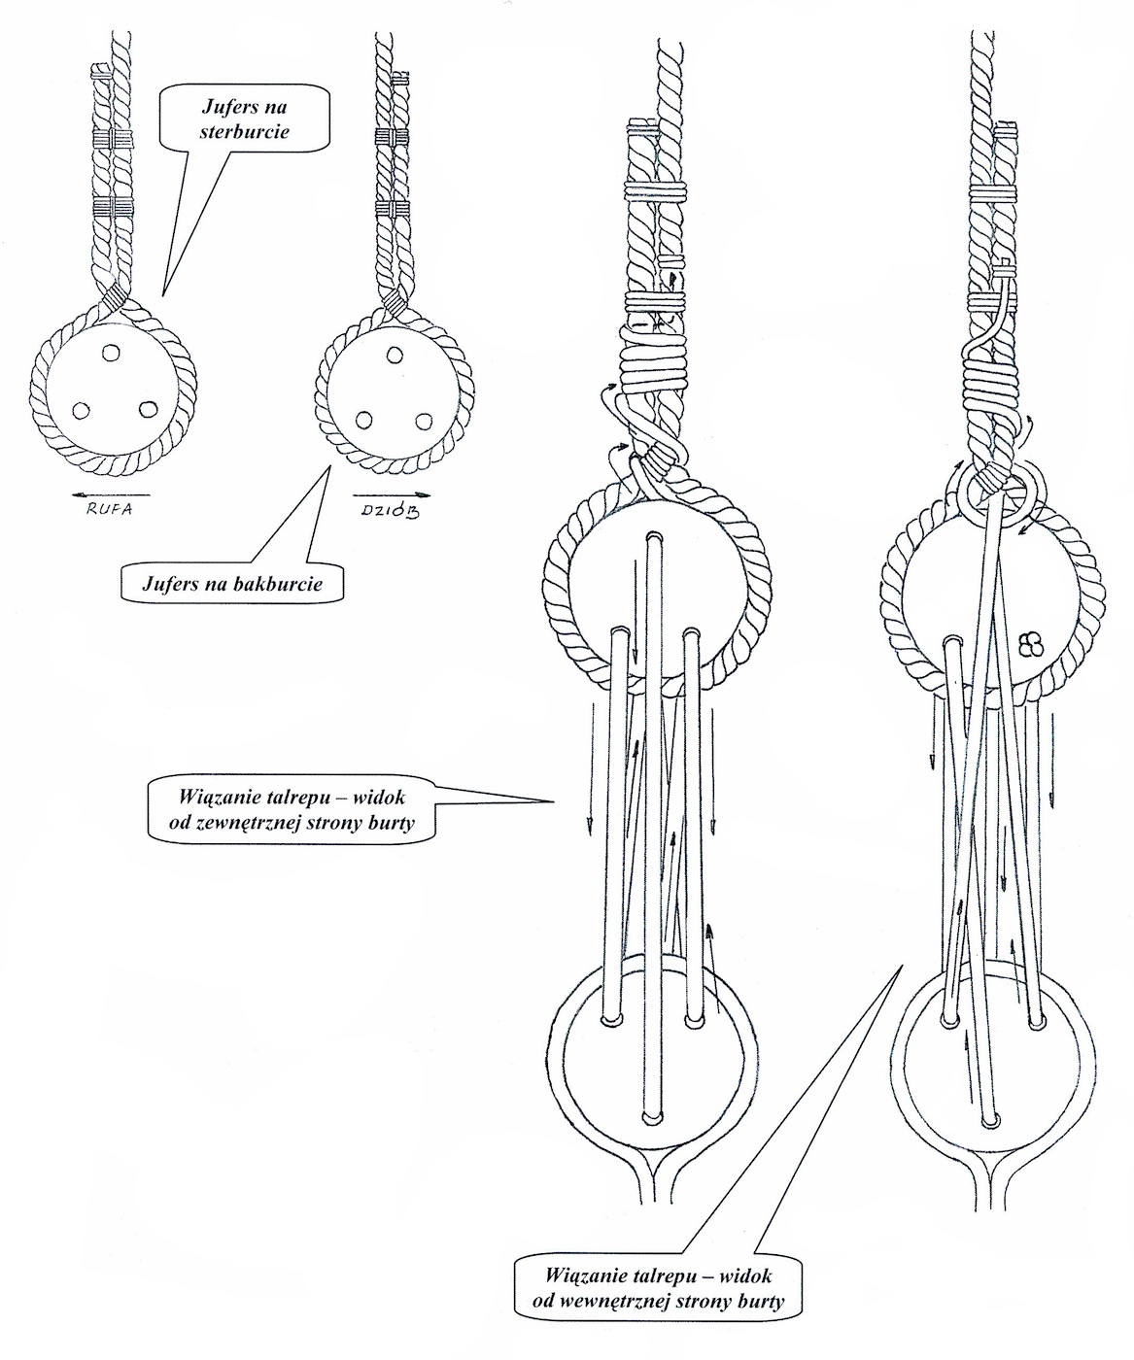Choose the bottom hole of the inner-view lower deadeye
click(x=989, y=1120)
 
